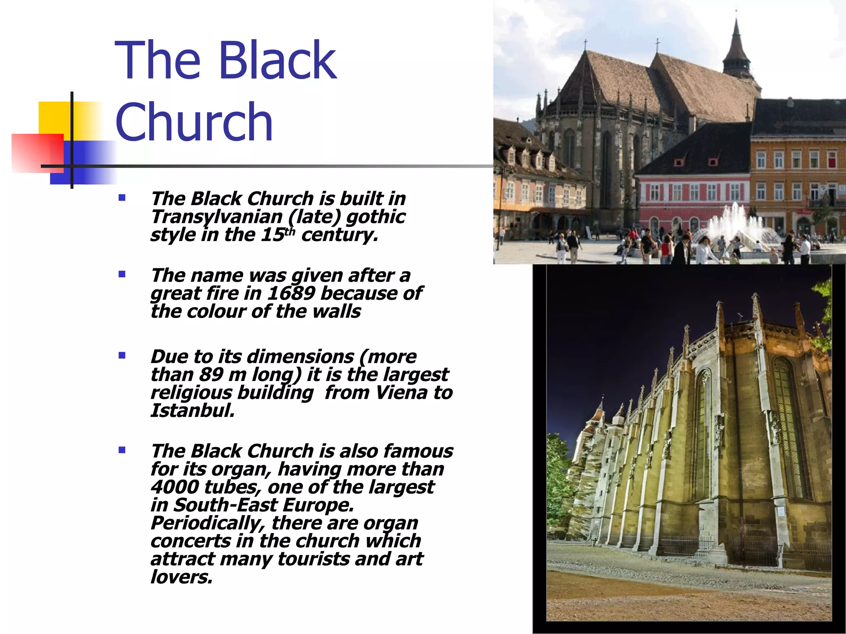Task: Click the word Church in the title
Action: coord(194,122)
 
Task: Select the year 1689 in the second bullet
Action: coord(291,293)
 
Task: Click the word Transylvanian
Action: coord(216,217)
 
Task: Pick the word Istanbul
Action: coord(192,411)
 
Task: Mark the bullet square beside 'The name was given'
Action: coord(122,274)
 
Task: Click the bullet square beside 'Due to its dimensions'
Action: coord(122,355)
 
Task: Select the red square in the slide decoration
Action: coord(37,153)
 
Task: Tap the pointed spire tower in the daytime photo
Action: coord(736,50)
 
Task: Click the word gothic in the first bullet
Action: coord(375,217)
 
